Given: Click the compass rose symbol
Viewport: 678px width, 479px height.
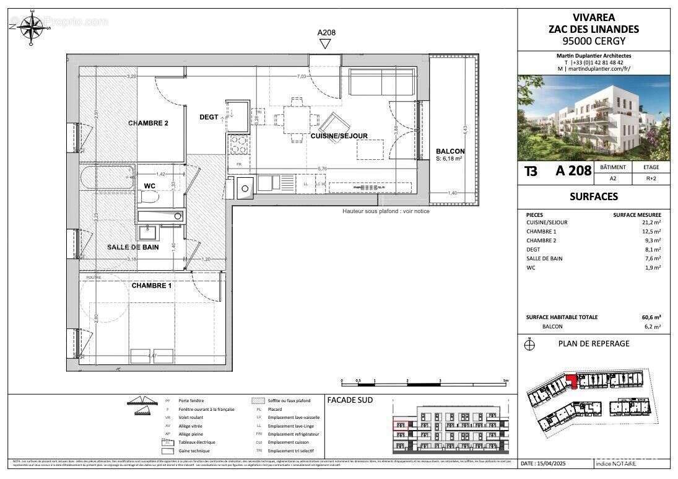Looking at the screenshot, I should (x=29, y=29).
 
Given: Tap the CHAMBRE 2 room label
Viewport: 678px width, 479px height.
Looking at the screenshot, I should (x=148, y=123).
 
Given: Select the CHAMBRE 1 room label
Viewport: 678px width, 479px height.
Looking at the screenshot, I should (x=151, y=286).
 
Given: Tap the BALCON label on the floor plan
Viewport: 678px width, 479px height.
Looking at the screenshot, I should (x=450, y=151).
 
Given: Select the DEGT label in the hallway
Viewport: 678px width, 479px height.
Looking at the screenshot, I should (x=209, y=117).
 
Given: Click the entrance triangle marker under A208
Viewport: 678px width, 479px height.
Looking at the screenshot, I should (x=325, y=43).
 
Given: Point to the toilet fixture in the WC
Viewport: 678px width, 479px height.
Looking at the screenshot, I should (x=149, y=197).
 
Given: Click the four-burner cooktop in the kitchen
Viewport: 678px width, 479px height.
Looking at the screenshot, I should (x=238, y=146).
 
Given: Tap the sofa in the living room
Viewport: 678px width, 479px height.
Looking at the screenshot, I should (x=382, y=82).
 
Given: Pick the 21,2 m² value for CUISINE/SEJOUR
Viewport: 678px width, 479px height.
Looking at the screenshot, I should (x=651, y=222).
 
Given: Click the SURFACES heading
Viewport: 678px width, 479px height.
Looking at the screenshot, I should (x=593, y=196).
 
